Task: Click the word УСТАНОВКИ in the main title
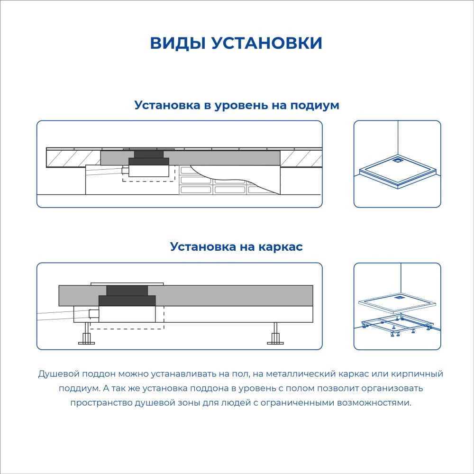click(x=266, y=43)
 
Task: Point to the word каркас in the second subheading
click(x=280, y=246)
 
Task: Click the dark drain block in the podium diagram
click(x=149, y=158)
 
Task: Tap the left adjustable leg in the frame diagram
click(x=86, y=333)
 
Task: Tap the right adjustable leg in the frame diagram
click(x=275, y=333)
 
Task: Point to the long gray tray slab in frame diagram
click(x=186, y=295)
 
